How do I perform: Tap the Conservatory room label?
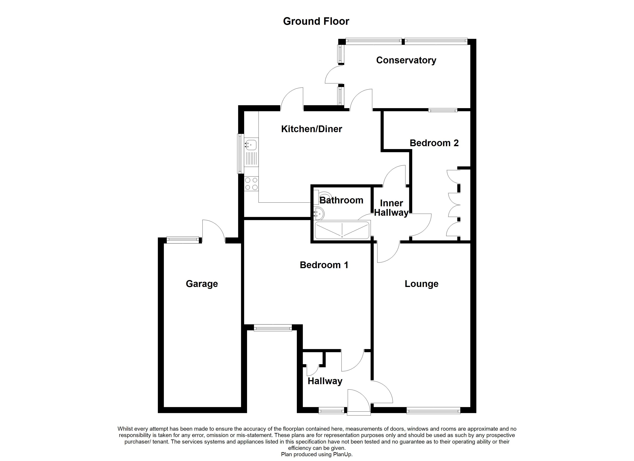click(x=406, y=60)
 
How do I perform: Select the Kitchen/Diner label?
click(x=311, y=129)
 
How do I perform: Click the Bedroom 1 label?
click(x=324, y=265)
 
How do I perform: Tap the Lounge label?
click(x=421, y=284)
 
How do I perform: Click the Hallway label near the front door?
click(x=325, y=381)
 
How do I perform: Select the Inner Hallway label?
click(x=391, y=208)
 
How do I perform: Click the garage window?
click(x=183, y=240)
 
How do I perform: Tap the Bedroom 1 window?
click(x=273, y=328)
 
